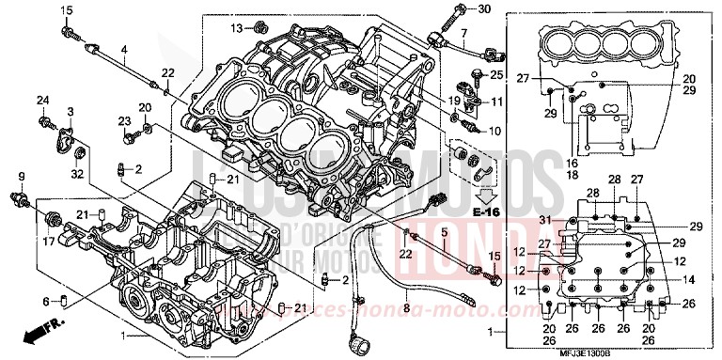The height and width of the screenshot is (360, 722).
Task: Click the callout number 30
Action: pyautogui.click(x=484, y=9)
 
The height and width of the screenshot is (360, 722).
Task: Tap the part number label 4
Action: pyautogui.click(x=123, y=48)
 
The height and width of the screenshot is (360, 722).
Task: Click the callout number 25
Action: pyautogui.click(x=497, y=74)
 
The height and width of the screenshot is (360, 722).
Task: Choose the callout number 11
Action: pyautogui.click(x=497, y=101)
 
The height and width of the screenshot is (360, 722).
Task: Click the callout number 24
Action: pyautogui.click(x=42, y=100)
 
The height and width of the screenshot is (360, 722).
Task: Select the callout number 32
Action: pyautogui.click(x=76, y=173)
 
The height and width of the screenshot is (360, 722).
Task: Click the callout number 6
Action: pyautogui.click(x=46, y=301)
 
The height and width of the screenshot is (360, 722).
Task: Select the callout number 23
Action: pyautogui.click(x=123, y=120)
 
